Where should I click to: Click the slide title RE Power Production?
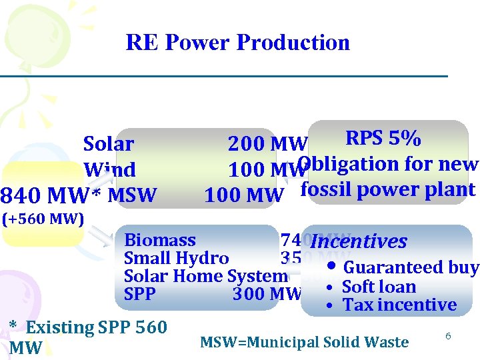[x=238, y=43]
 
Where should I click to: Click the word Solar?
[x=108, y=144]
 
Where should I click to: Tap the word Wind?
[x=109, y=170]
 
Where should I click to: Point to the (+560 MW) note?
[x=42, y=218]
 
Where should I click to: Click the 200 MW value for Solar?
[x=267, y=144]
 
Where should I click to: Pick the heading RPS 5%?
[x=383, y=138]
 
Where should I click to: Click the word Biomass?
[x=160, y=240]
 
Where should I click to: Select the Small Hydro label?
[x=177, y=258]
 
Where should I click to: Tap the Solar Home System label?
[x=205, y=276]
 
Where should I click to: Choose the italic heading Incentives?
[x=359, y=241]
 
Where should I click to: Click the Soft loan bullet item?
[x=378, y=287]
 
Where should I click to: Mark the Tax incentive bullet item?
[x=399, y=305]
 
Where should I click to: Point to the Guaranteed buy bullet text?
[x=410, y=268]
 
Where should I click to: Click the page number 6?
[x=449, y=337]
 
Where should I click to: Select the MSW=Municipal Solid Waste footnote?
[x=304, y=343]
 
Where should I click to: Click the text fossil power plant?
[x=388, y=189]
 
